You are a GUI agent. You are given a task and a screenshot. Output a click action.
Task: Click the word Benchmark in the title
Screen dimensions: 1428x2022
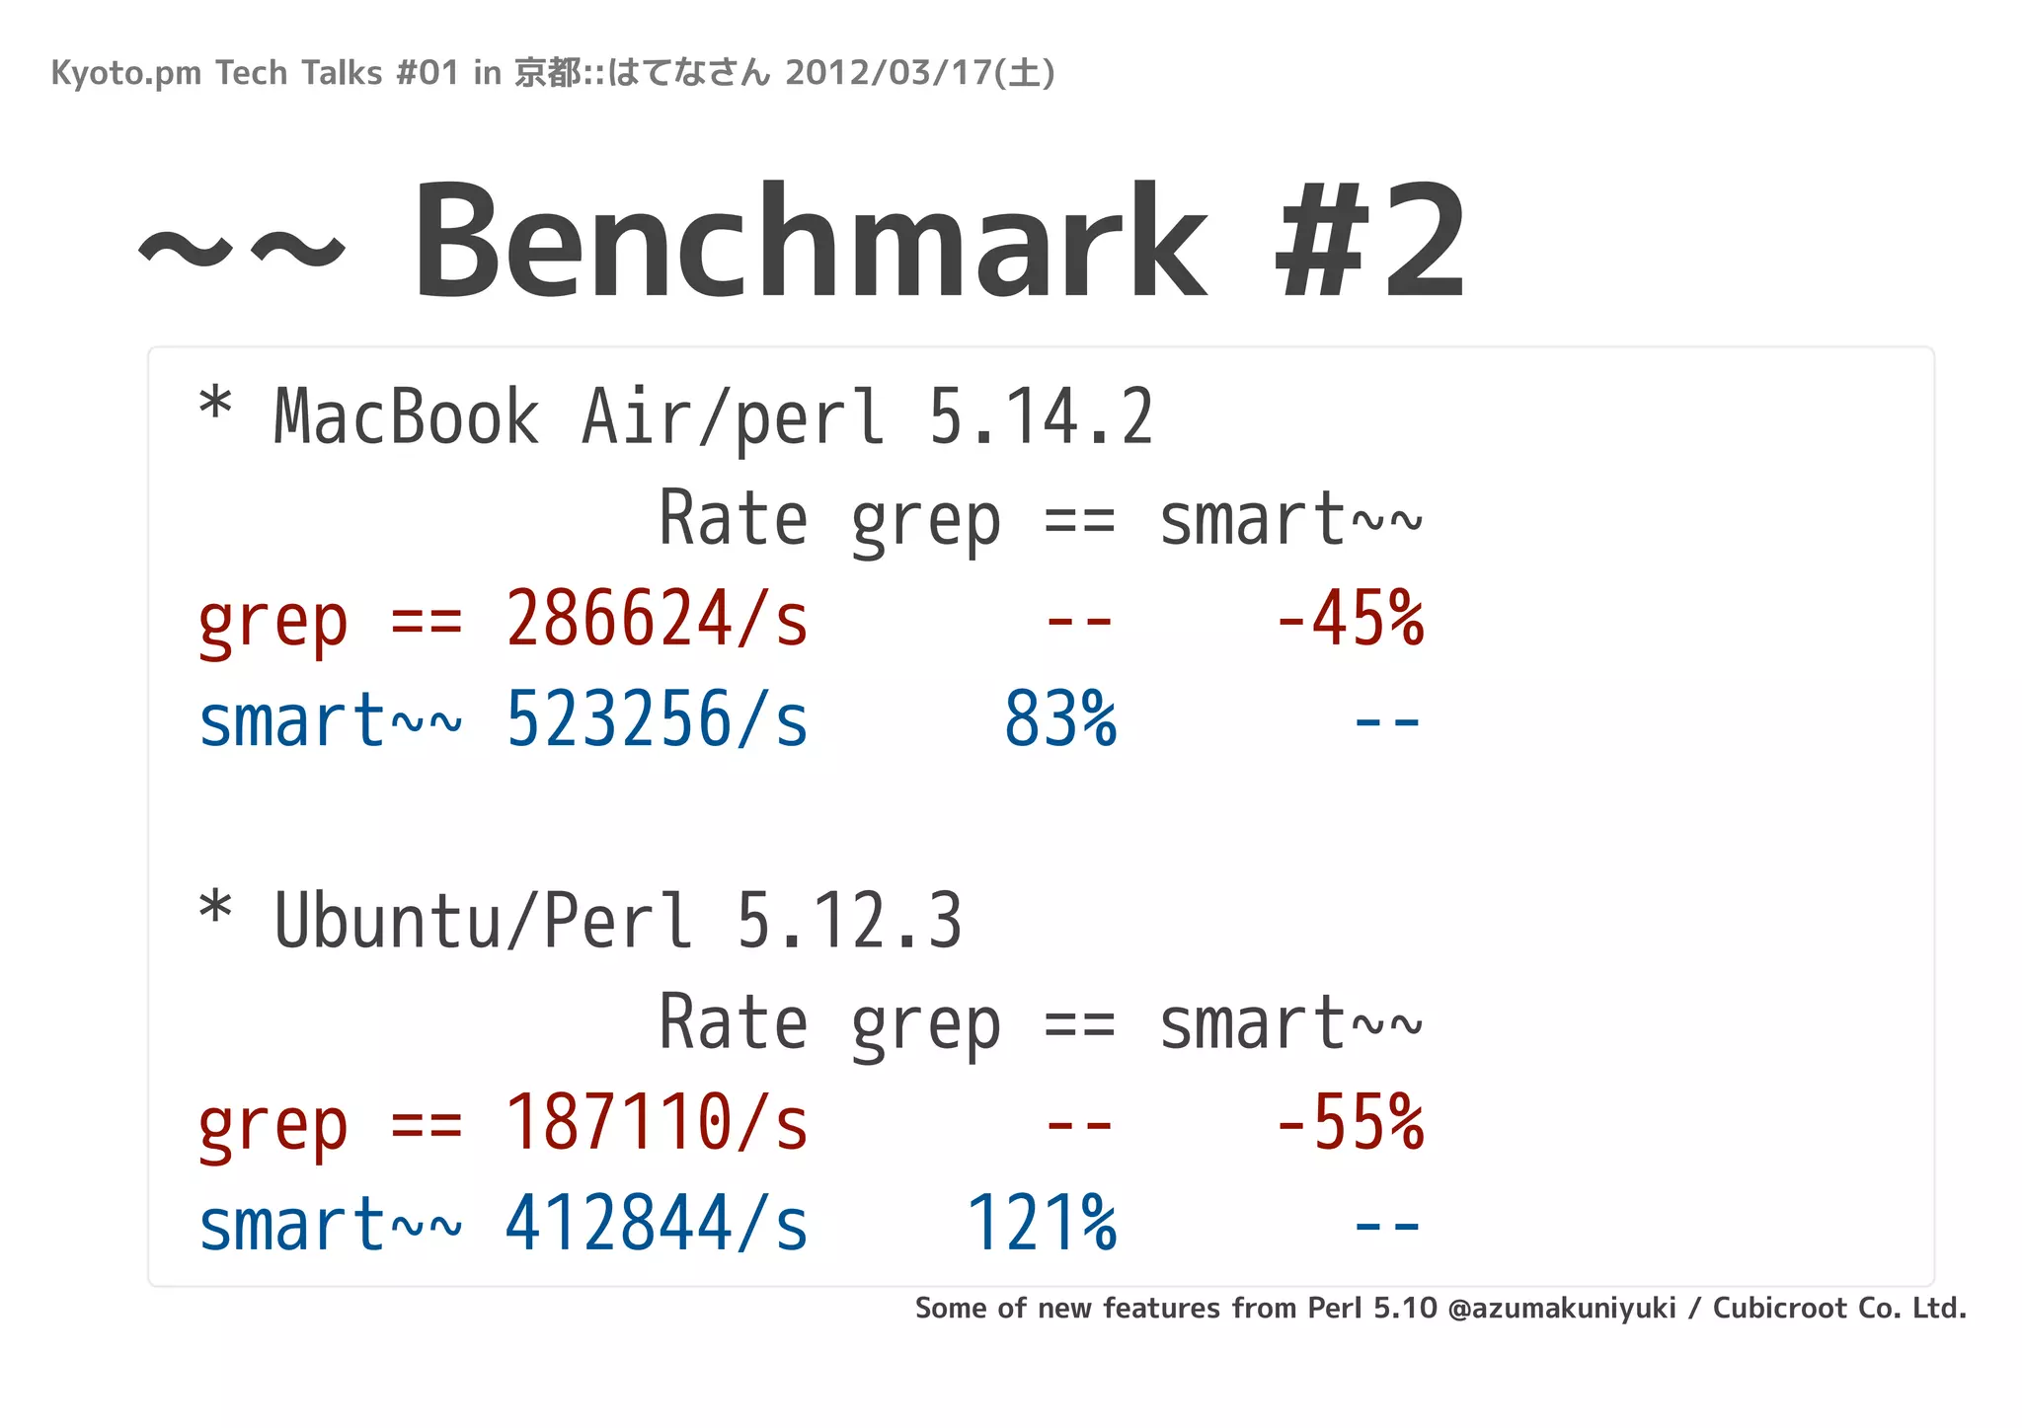[810, 242]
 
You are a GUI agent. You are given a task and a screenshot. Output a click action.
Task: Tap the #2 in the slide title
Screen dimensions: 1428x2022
[1370, 242]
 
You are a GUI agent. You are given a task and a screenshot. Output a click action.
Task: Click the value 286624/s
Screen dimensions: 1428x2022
[657, 620]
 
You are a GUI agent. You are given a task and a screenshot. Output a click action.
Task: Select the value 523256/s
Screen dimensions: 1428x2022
[657, 720]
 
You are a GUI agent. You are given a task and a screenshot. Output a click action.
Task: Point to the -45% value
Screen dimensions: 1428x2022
[1350, 620]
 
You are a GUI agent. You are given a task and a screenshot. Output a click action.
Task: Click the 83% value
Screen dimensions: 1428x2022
[1060, 720]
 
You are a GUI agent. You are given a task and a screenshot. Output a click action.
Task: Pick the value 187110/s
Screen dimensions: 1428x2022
[657, 1123]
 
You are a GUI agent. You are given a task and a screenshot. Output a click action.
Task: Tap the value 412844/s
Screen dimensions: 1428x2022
[657, 1224]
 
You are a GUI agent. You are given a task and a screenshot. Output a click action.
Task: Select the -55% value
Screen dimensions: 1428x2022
[1350, 1123]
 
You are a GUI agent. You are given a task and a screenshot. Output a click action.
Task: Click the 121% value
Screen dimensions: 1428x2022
[1042, 1224]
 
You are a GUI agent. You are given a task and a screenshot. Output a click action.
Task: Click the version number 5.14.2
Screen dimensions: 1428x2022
[1041, 417]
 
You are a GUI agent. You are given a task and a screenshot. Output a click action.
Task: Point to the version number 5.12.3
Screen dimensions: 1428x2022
[849, 921]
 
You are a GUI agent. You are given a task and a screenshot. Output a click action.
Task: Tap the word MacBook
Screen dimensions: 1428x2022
[407, 417]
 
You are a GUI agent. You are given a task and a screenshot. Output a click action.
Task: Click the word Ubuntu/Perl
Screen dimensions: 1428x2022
[484, 921]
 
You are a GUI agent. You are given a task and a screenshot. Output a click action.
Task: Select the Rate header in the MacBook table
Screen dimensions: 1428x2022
[733, 519]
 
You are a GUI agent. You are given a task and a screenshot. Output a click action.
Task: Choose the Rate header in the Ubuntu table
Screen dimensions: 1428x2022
[733, 1022]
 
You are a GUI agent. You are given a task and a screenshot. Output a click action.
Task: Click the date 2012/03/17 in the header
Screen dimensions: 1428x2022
[889, 73]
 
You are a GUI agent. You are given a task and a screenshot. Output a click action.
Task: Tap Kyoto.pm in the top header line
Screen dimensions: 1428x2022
[126, 73]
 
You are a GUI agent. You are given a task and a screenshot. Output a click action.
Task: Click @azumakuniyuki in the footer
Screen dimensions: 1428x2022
[1562, 1309]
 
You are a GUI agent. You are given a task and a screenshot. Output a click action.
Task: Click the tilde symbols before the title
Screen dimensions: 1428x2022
[242, 247]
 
